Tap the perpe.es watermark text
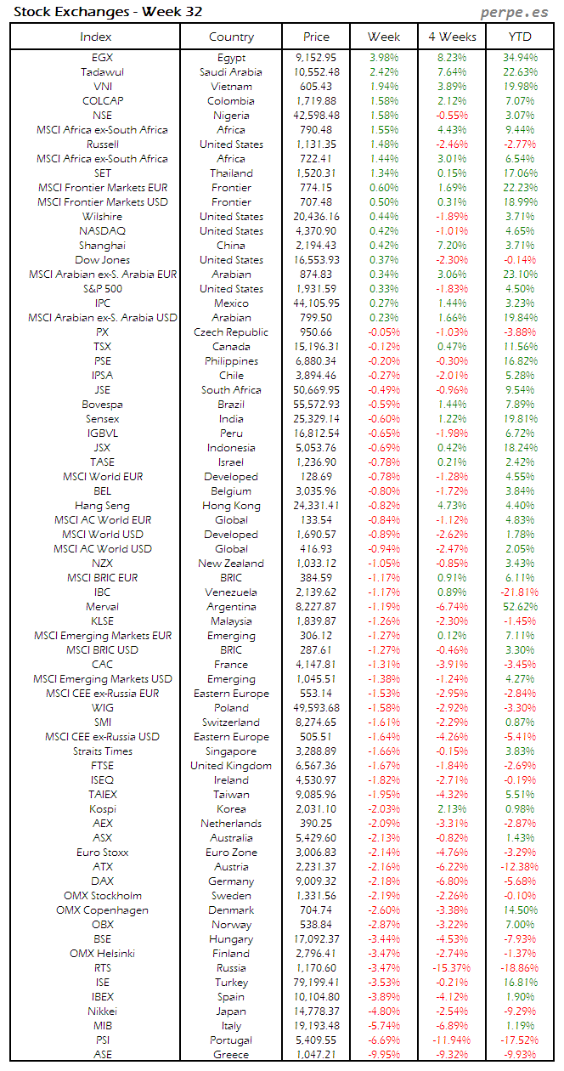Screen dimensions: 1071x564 [515, 12]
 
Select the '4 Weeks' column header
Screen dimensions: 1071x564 [452, 37]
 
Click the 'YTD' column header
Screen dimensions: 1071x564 [520, 37]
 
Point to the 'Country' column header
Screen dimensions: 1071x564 [231, 37]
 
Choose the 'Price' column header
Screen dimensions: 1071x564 [317, 37]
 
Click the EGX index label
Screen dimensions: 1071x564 [102, 58]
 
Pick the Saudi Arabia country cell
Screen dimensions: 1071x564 [231, 72]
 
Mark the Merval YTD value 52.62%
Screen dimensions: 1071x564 [520, 607]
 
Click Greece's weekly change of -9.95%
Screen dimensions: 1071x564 [384, 1055]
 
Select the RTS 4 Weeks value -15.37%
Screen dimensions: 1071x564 [450, 968]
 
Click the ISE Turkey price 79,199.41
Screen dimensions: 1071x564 [317, 983]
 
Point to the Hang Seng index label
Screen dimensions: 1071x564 [102, 506]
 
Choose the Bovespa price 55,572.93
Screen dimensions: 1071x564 [317, 405]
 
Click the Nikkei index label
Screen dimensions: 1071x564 [102, 1011]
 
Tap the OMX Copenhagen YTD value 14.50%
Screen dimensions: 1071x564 [520, 910]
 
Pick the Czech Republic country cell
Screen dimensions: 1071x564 [231, 332]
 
